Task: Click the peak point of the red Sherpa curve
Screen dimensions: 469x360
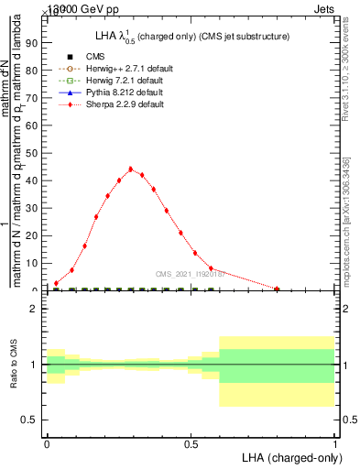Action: point(130,169)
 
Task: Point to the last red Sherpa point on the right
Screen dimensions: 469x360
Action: point(277,289)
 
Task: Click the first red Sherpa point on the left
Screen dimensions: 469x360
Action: point(56,283)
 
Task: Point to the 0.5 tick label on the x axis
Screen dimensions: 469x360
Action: point(191,444)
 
